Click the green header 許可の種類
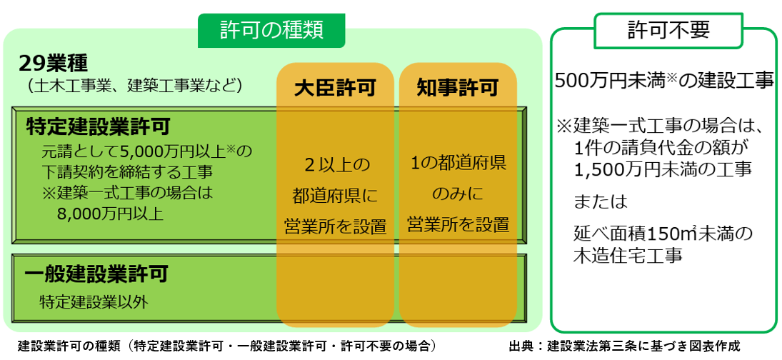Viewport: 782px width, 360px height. (271, 31)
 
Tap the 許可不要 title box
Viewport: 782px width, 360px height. (668, 31)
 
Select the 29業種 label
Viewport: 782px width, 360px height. (53, 64)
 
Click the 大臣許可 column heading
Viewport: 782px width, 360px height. (335, 89)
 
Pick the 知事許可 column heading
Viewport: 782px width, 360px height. (457, 89)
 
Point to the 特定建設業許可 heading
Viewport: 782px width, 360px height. (99, 126)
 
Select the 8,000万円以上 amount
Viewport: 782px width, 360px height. (110, 214)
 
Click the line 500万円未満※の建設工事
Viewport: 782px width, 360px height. (664, 80)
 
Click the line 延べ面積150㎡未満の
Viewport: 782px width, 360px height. (663, 233)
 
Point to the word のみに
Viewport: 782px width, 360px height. (458, 194)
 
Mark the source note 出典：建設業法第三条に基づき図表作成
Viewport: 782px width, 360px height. (624, 345)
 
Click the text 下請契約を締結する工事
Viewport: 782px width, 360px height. (128, 171)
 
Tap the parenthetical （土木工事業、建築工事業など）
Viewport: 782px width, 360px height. (135, 86)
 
